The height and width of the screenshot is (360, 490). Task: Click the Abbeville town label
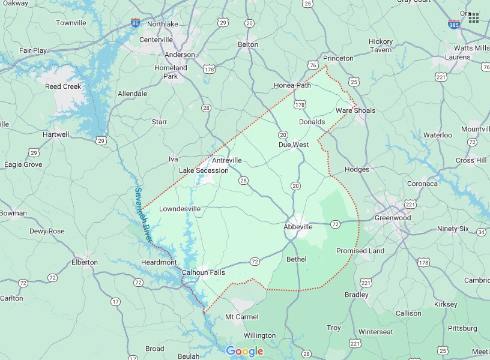point(298,227)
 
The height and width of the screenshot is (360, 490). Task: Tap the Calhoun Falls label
point(204,272)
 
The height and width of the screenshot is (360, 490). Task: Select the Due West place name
point(293,145)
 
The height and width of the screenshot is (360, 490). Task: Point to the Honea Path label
point(292,85)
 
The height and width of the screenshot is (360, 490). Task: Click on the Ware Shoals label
point(355,110)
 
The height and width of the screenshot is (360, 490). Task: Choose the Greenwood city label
point(393,218)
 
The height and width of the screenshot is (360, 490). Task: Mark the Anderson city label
point(180,55)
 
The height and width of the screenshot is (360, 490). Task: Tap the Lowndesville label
point(180,209)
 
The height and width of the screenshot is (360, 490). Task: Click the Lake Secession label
point(204,170)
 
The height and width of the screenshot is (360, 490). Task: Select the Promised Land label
point(360,251)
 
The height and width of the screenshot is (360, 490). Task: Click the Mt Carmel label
point(241,317)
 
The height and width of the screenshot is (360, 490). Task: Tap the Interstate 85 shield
point(137,23)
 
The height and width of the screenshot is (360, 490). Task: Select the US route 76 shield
point(312,65)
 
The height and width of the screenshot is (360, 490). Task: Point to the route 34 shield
point(481,232)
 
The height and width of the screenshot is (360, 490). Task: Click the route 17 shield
point(115,302)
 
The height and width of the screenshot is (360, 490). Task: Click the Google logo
point(244,352)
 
